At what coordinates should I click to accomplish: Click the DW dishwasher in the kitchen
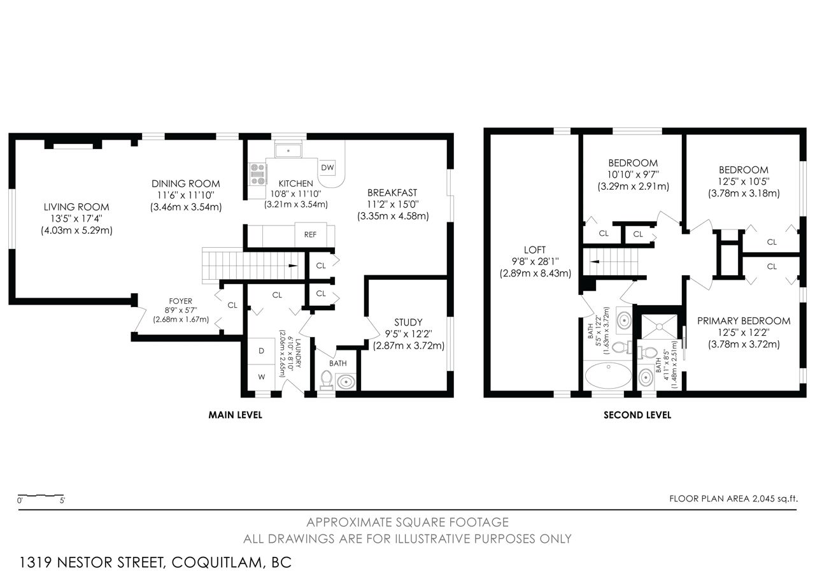click(327, 168)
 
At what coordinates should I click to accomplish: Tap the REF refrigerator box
click(310, 235)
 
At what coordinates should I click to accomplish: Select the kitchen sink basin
click(288, 150)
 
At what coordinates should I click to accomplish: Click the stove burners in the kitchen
click(258, 175)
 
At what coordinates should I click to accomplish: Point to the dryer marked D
click(261, 351)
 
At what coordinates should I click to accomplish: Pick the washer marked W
click(261, 377)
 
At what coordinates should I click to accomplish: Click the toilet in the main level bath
click(327, 380)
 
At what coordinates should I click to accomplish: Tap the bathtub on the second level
click(608, 376)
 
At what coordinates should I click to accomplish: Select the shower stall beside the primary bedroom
click(659, 327)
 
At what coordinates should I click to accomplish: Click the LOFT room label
click(534, 250)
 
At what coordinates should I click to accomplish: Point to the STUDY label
click(408, 322)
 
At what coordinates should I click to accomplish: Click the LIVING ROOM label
click(76, 207)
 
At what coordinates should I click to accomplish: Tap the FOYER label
click(180, 301)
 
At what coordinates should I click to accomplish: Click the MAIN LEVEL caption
click(235, 415)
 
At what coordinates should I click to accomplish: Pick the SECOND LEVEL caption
click(637, 415)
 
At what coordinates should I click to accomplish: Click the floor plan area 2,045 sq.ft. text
click(733, 499)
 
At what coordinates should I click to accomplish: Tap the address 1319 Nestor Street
click(91, 563)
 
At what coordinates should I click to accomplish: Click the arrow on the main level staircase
click(293, 266)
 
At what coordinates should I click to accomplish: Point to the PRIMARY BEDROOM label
click(744, 320)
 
